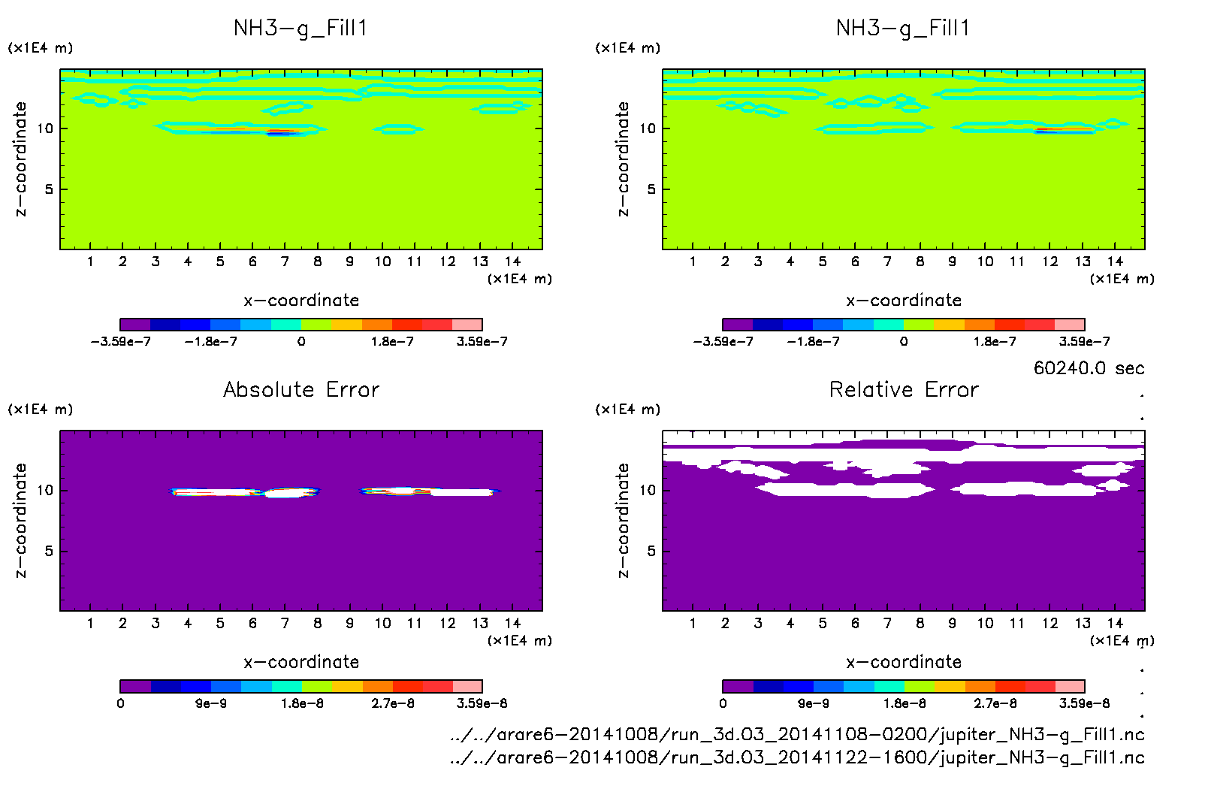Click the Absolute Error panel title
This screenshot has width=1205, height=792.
(301, 389)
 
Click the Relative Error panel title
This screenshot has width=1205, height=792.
(904, 389)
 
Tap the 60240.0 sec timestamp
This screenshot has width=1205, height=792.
(1089, 368)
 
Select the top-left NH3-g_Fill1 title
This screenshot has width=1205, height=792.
(300, 29)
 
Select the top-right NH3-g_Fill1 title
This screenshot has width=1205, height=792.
(903, 29)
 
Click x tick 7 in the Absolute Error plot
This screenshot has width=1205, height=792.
(285, 623)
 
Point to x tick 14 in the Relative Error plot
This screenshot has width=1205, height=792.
(1115, 623)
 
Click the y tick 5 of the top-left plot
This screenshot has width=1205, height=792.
(49, 189)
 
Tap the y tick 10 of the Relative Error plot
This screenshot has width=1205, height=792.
(648, 490)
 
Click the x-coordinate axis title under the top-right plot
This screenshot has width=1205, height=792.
(904, 301)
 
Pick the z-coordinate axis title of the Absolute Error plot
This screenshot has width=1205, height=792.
(20, 520)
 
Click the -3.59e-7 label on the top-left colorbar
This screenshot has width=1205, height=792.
(120, 342)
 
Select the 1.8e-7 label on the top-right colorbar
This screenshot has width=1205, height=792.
(995, 342)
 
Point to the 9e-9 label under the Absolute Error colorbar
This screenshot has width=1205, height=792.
(211, 704)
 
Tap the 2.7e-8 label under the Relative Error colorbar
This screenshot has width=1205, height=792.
(995, 704)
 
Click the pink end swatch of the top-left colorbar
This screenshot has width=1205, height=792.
(467, 325)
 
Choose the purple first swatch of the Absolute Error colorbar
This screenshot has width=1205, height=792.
(135, 686)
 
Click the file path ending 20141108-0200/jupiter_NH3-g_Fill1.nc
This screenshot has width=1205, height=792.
(797, 735)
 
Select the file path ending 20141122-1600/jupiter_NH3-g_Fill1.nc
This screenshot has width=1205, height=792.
(797, 757)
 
